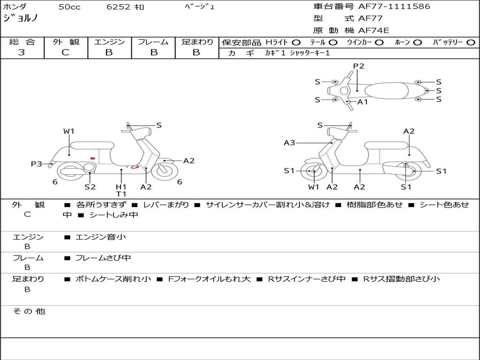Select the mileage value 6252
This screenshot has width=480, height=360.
tap(119, 7)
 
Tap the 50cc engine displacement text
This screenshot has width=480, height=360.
tap(69, 7)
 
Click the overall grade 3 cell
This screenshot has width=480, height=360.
tap(22, 52)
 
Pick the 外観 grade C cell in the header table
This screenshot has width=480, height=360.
tap(66, 52)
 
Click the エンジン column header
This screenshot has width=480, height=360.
tap(109, 42)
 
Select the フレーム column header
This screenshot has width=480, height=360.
tap(153, 42)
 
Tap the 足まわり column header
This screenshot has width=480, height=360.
tap(197, 42)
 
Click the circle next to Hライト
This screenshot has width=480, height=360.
tap(296, 42)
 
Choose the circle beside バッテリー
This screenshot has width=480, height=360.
tap(471, 42)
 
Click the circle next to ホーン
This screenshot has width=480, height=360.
tap(417, 42)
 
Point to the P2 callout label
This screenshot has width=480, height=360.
tap(359, 66)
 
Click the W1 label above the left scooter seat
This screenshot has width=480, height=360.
tap(69, 131)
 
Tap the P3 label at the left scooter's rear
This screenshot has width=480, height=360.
tap(36, 164)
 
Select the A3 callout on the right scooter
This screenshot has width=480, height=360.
tap(289, 143)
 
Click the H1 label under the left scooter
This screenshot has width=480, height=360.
tap(121, 187)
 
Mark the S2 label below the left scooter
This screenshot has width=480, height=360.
tap(90, 187)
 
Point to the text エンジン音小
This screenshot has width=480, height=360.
tap(101, 237)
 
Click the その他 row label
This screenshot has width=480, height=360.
tap(29, 311)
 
